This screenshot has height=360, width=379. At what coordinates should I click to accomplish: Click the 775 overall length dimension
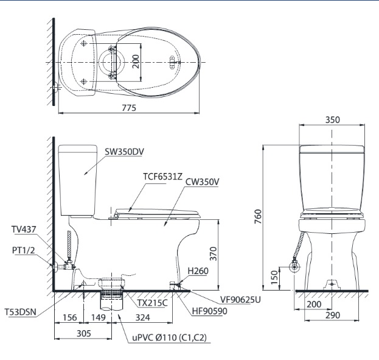[x=128, y=107]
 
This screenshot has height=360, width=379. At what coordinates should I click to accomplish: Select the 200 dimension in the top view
[x=136, y=62]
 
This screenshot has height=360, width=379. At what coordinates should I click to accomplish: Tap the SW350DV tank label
[x=124, y=152]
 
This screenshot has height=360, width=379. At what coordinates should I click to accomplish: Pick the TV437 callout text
[x=23, y=230]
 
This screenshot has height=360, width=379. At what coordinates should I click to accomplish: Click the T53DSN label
[x=20, y=312]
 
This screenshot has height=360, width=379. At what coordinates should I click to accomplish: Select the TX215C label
[x=151, y=303]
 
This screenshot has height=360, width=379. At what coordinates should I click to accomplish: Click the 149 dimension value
[x=99, y=317]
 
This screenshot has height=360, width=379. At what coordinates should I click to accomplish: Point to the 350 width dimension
[x=332, y=120]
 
